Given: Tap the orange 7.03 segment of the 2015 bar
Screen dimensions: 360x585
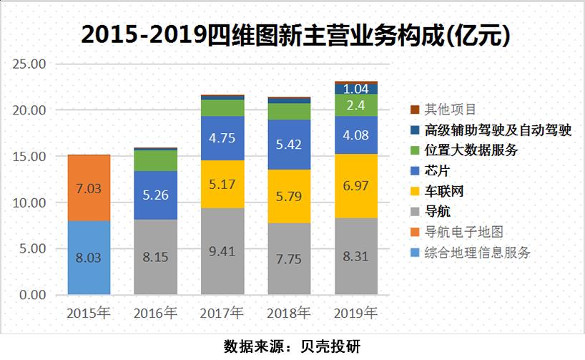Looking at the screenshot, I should (x=89, y=188).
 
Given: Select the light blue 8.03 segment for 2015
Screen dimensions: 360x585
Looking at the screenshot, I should (x=89, y=258).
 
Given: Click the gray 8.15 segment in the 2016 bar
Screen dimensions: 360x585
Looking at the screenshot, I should (x=156, y=257).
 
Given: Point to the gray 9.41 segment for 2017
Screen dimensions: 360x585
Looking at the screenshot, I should (x=222, y=251).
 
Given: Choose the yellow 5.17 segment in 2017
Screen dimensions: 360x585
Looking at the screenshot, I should (x=222, y=184).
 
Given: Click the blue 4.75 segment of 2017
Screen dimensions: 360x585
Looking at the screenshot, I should (x=222, y=138).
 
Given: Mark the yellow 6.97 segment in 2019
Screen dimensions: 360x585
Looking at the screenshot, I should (x=356, y=186).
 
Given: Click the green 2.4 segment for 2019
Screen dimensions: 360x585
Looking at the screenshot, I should (x=356, y=105).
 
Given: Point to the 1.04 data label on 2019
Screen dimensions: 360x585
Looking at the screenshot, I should (x=356, y=89).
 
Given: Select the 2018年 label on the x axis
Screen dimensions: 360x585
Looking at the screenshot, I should (x=289, y=313).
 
